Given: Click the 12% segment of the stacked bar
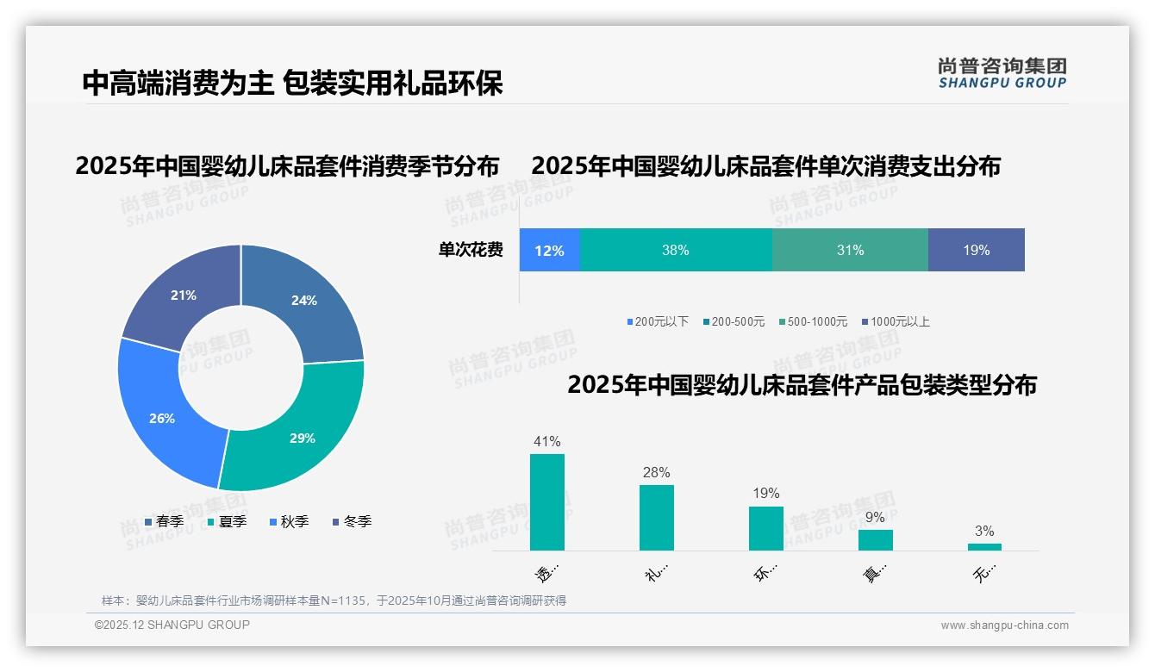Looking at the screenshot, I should click(549, 251).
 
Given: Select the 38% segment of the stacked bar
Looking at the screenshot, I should click(676, 251).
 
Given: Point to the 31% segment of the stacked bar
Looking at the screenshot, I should click(850, 251).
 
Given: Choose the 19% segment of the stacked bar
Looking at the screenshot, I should click(976, 251).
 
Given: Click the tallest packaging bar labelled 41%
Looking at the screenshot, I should click(547, 502).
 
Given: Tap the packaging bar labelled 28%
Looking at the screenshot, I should click(657, 518).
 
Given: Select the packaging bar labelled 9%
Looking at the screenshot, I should click(875, 540).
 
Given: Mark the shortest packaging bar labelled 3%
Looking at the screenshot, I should click(984, 547).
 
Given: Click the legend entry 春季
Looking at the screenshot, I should click(164, 522).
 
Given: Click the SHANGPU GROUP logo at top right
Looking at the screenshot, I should click(1002, 73).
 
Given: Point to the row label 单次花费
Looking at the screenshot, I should click(471, 251).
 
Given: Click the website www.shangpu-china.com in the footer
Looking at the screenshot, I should click(1004, 625).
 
